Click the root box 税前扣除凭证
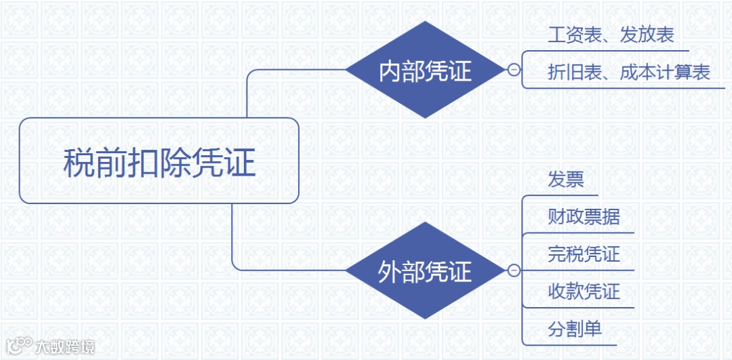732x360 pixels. [x=159, y=161]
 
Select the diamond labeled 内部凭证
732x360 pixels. [x=425, y=70]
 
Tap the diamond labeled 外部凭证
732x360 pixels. [x=425, y=271]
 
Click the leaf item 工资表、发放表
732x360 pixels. [x=611, y=36]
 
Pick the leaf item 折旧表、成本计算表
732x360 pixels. [x=628, y=73]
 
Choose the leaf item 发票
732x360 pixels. [x=565, y=180]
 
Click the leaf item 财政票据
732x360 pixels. [x=584, y=217]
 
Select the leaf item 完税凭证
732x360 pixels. [x=584, y=254]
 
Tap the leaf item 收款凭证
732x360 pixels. [x=584, y=292]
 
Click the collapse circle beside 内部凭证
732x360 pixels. [x=514, y=70]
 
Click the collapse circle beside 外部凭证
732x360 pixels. [x=514, y=271]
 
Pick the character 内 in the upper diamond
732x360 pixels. [x=390, y=71]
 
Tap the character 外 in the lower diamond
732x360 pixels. [x=390, y=272]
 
